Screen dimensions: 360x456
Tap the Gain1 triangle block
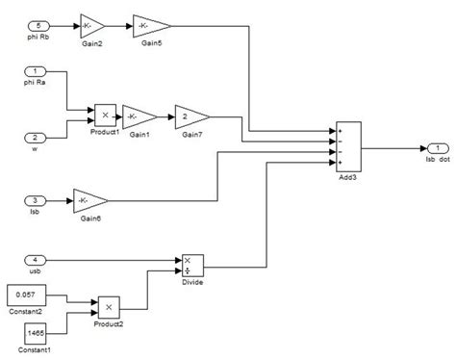(139, 117)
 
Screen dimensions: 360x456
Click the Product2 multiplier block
(109, 307)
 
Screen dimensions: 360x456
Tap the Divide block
(190, 264)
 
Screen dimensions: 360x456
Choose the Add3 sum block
(347, 148)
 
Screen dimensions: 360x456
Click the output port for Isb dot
(434, 148)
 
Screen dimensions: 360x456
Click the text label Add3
(348, 182)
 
